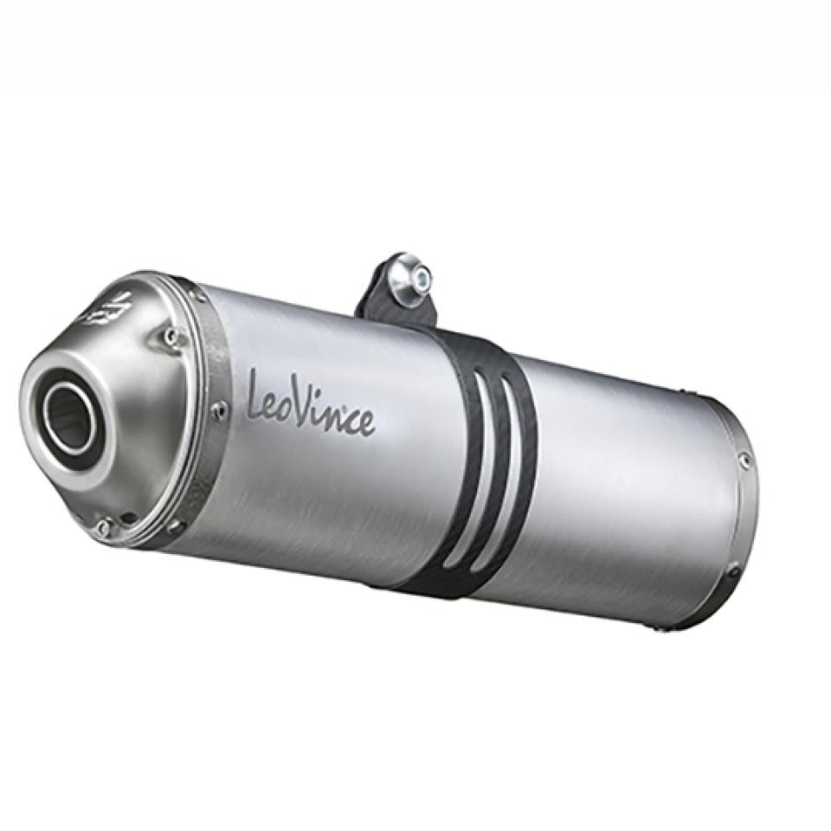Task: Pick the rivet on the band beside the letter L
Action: coord(218,407)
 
